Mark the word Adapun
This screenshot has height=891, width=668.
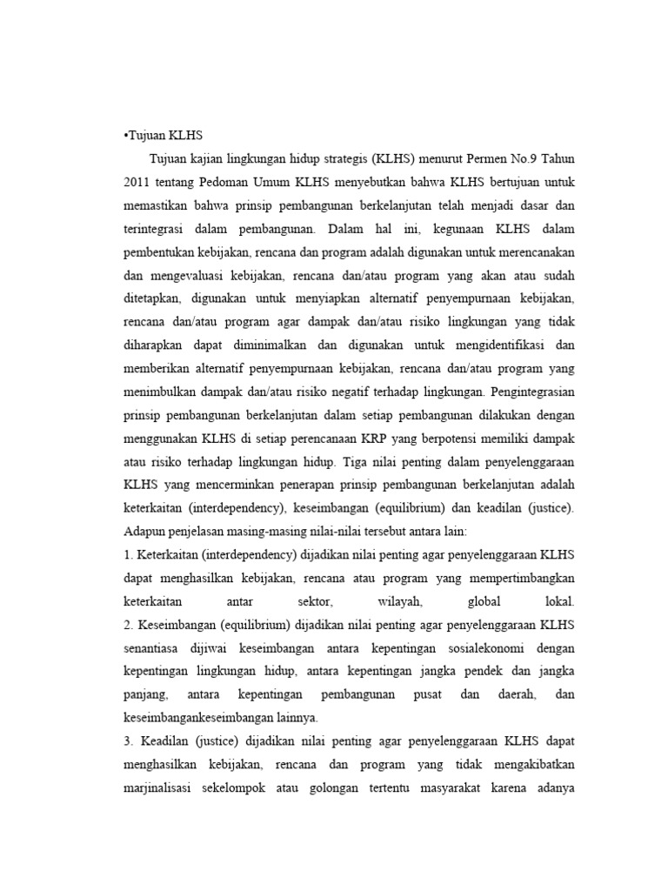[x=144, y=531]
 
